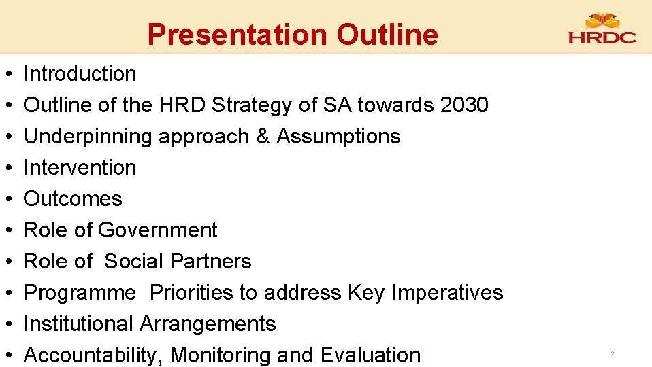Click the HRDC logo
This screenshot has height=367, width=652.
click(602, 30)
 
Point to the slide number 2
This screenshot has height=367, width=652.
click(612, 354)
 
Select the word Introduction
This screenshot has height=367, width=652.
click(80, 73)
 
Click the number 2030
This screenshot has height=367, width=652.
click(464, 105)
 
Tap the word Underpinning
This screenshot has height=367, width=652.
click(88, 136)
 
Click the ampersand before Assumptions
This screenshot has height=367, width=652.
click(263, 136)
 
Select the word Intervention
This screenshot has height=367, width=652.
click(80, 167)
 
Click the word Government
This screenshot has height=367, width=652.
click(157, 230)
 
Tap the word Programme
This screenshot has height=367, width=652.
click(80, 293)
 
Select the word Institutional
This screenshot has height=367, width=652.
click(79, 324)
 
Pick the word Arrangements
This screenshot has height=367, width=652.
click(208, 324)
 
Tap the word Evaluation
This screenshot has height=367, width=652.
click(370, 355)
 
